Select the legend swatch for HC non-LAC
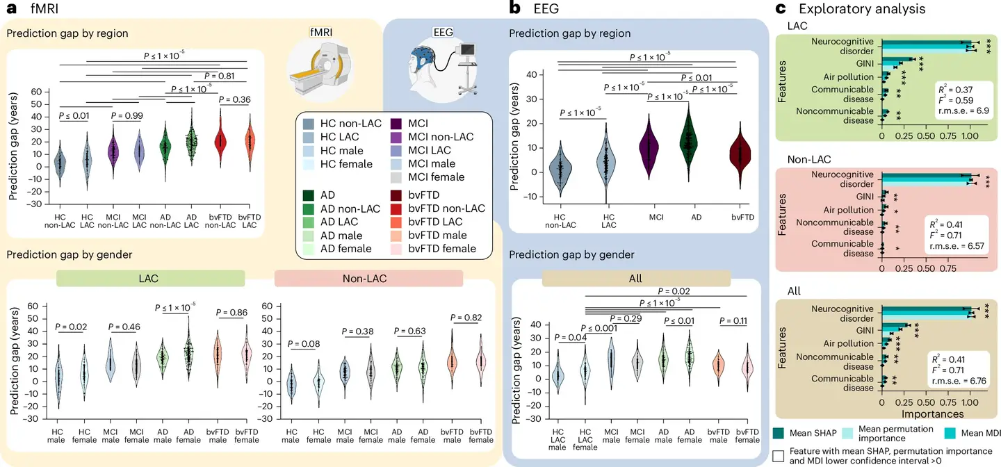point(309,123)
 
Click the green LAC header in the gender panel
point(150,277)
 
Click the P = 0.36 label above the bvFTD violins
point(240,99)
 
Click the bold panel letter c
point(781,9)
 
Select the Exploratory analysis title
point(862,9)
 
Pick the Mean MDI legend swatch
point(956,434)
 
